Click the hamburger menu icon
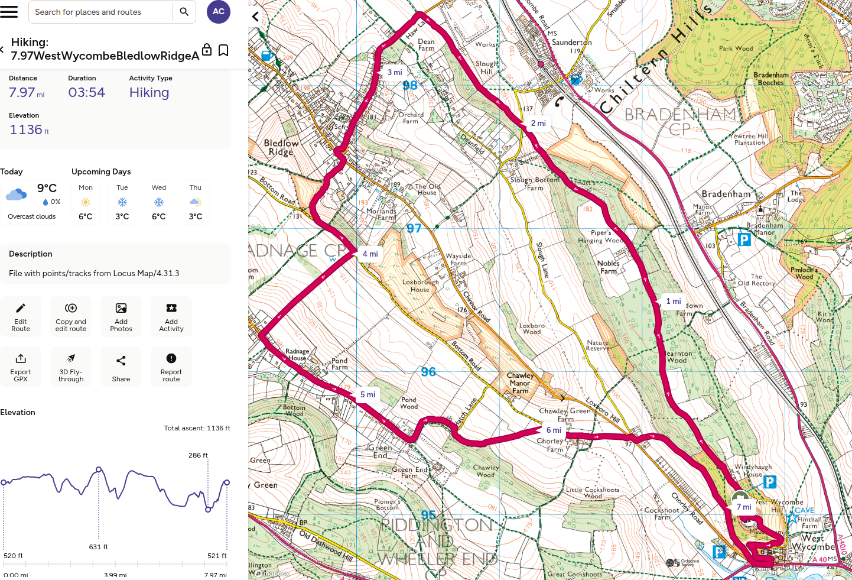click(9, 11)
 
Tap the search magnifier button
click(184, 12)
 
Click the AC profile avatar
click(218, 12)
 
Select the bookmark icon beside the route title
click(223, 50)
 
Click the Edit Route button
click(21, 316)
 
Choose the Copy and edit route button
click(71, 316)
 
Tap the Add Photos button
click(121, 316)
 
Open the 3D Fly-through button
click(71, 367)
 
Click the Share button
click(121, 367)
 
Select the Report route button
click(171, 367)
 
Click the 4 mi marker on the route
click(370, 254)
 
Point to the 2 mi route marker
click(538, 123)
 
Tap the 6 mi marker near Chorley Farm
click(554, 430)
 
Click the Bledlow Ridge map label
click(281, 147)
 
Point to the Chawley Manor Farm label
click(520, 383)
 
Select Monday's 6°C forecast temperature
click(86, 216)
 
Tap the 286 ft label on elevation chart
click(198, 455)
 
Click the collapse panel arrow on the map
click(255, 17)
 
